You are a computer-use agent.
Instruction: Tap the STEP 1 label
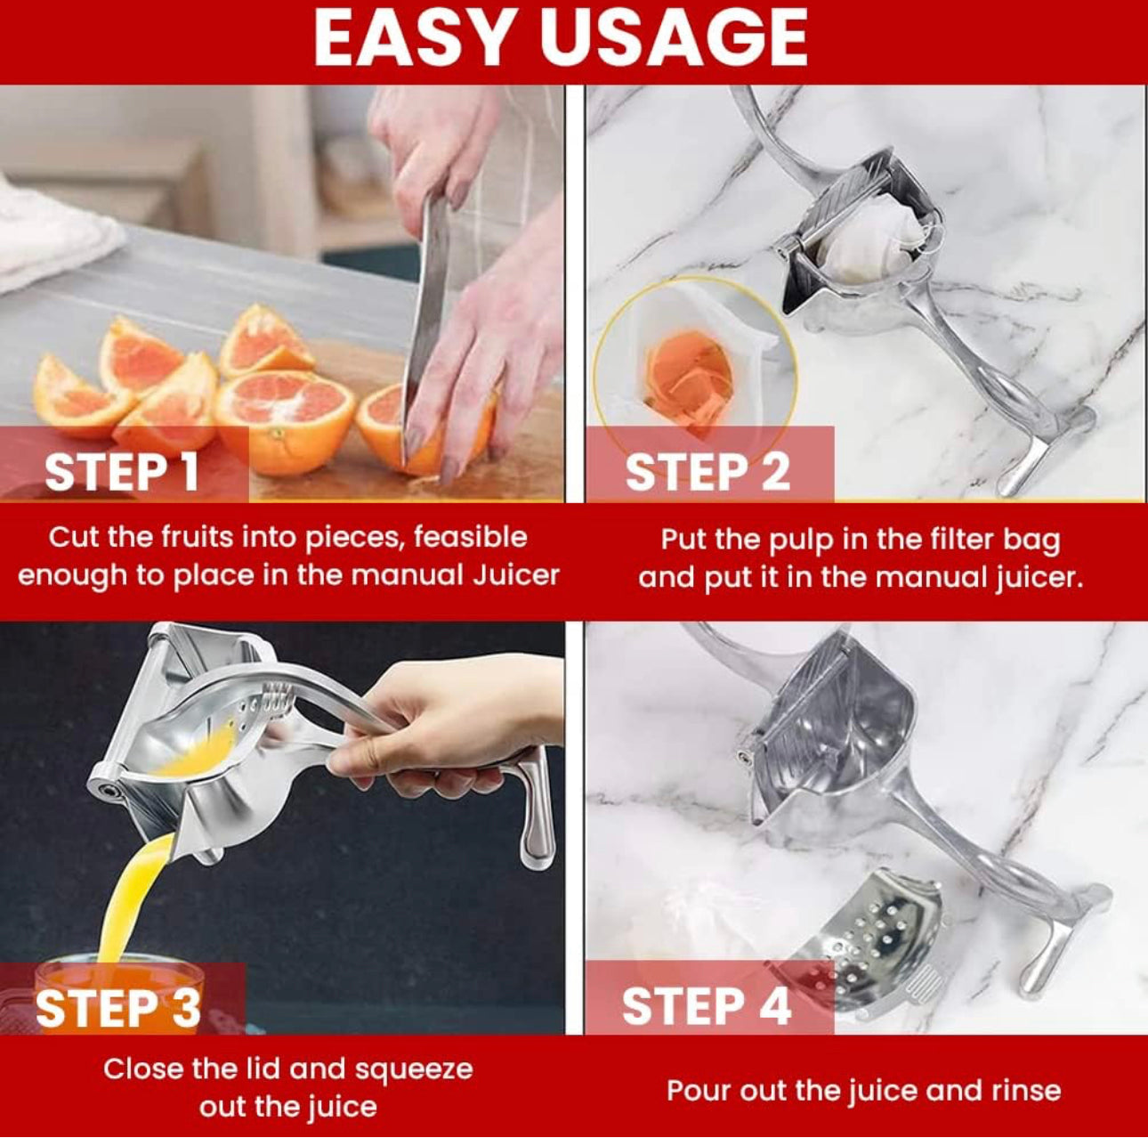(122, 473)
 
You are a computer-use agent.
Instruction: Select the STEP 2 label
(707, 473)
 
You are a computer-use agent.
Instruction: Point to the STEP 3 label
(118, 1007)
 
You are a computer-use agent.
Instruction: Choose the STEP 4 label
(707, 1005)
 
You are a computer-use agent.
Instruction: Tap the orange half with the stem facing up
(285, 420)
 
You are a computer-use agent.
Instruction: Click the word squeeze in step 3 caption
(414, 1069)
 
